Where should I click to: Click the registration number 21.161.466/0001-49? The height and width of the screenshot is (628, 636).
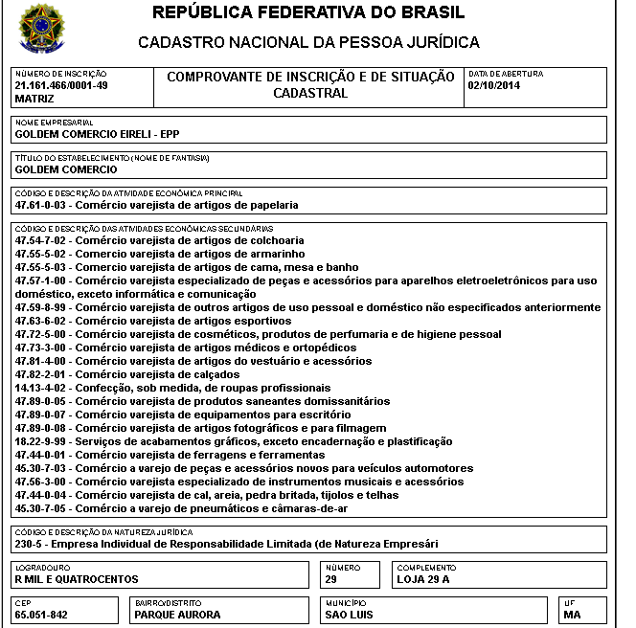(61, 85)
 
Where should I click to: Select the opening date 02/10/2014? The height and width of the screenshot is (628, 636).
(493, 85)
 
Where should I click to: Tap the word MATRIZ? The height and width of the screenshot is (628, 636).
(34, 99)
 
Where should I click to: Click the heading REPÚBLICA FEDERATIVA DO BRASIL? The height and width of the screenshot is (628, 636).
(308, 13)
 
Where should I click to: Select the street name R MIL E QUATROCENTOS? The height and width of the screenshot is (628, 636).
(77, 579)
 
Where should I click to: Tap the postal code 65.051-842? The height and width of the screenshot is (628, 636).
(41, 615)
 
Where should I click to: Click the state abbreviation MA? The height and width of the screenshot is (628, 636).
(573, 615)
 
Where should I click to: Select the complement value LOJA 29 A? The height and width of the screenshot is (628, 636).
(422, 579)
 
